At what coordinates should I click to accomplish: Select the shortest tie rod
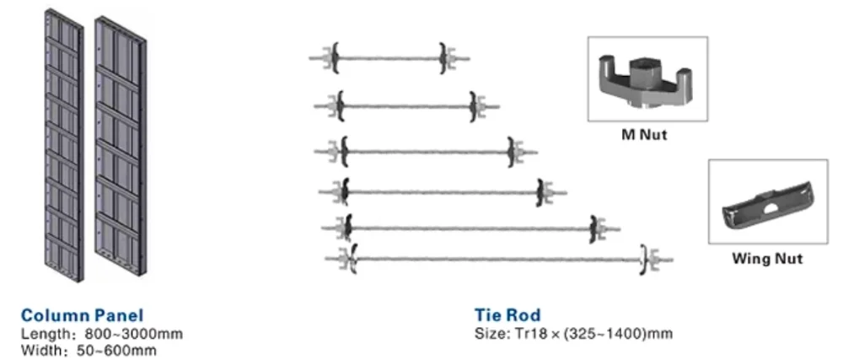click(388, 58)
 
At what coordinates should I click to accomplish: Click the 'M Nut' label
click(645, 135)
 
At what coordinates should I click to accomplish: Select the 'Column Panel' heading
click(82, 316)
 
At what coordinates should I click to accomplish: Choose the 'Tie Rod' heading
click(507, 316)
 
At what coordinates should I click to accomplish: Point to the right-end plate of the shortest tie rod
click(444, 58)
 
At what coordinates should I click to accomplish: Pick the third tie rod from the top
click(426, 152)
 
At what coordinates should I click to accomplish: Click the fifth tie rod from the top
click(472, 228)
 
